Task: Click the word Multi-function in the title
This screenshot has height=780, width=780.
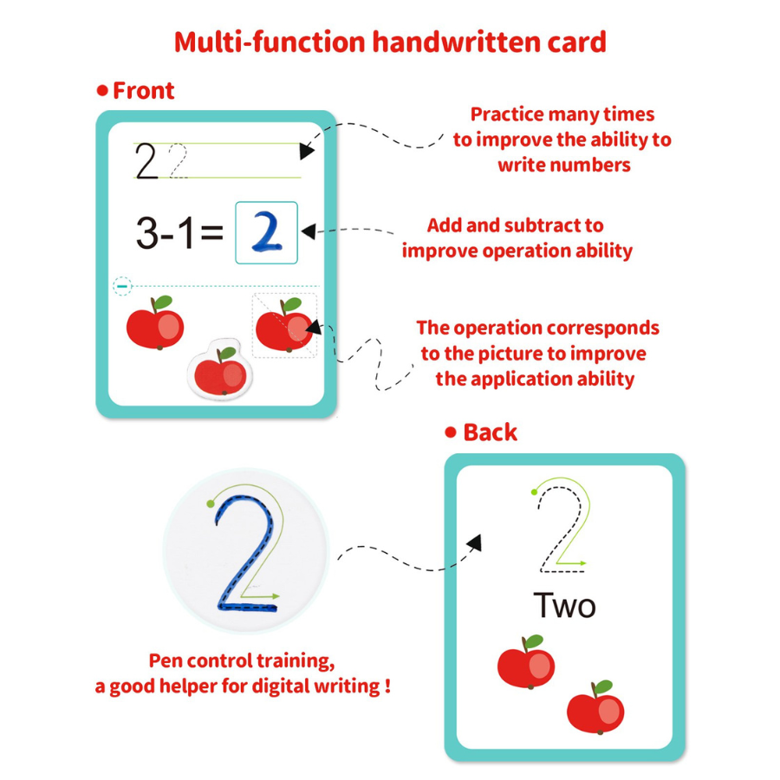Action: coord(270,42)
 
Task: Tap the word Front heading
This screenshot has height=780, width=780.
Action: coord(143,90)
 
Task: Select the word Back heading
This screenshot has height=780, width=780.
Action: coord(490,432)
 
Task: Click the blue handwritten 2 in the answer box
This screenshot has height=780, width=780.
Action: coord(267,231)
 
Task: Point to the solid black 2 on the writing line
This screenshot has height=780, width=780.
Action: coord(146,160)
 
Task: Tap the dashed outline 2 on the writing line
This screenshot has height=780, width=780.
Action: coord(178,160)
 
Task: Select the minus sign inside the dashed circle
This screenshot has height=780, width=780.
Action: coord(122,286)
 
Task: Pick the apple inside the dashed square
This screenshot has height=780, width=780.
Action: coord(284,325)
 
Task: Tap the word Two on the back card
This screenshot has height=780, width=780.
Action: coord(564,606)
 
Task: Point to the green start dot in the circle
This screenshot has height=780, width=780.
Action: coord(211,504)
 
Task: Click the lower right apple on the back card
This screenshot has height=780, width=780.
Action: coord(595,707)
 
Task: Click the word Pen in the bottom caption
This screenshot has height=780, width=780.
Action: coord(166,660)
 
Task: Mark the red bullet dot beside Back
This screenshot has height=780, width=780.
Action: coord(451,432)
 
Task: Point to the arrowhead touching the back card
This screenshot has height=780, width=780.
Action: coord(475,543)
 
